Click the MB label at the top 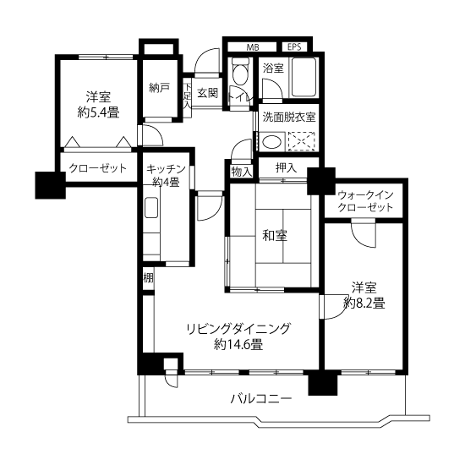[253, 46]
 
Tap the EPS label [294, 46]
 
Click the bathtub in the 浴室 [304, 77]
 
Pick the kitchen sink [151, 208]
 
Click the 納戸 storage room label [159, 88]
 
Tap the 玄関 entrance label [208, 93]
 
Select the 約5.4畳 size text [98, 112]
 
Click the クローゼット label [97, 168]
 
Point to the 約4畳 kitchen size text [166, 182]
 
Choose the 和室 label [275, 236]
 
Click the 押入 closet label [286, 168]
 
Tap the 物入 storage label [242, 172]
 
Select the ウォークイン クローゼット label [365, 201]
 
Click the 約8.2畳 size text [364, 303]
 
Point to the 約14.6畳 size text [238, 345]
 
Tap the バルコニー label [261, 398]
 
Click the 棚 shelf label [148, 278]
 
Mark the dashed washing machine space [301, 141]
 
